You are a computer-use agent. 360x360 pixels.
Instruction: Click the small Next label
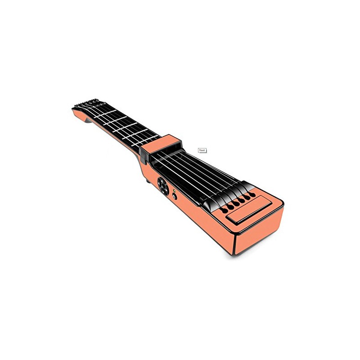coord(202,150)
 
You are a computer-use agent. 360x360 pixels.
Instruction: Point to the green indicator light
coord(174,190)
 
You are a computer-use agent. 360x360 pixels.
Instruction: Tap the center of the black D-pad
coord(163,186)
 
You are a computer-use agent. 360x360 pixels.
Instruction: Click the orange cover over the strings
coord(161,143)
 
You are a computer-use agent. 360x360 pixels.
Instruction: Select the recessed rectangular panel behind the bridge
coord(250,209)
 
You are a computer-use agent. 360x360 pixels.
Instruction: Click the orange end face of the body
coord(260,232)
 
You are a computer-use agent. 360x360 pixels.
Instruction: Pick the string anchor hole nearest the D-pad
coord(224,210)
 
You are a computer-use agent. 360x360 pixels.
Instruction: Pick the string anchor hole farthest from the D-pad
coord(252,195)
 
